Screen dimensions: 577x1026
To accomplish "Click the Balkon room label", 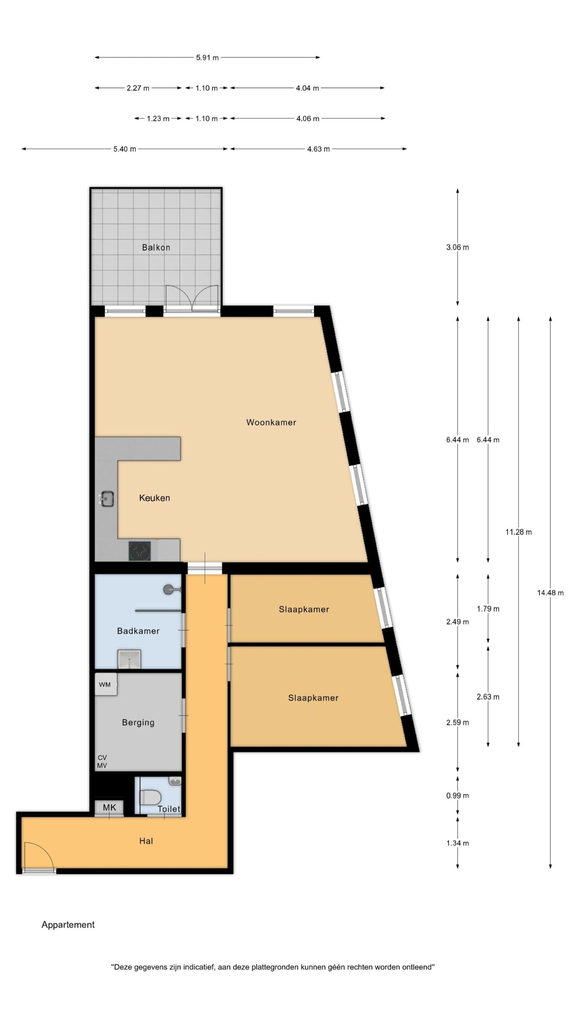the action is click(x=156, y=247).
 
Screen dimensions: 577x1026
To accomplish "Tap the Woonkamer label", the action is click(x=271, y=422).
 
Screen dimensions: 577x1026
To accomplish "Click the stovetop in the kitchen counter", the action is click(x=139, y=551).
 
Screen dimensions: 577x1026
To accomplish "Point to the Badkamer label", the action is click(x=138, y=631).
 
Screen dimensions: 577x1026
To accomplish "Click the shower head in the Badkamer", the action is click(x=169, y=589).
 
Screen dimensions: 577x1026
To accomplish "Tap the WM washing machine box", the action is click(x=106, y=684).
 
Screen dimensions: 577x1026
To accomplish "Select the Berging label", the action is click(x=138, y=722).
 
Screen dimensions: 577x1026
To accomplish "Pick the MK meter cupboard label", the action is click(x=109, y=807).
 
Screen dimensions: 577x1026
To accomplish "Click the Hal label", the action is click(x=146, y=841).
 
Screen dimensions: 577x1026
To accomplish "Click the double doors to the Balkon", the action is click(x=192, y=298).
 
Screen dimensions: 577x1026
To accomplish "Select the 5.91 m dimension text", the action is click(x=207, y=57).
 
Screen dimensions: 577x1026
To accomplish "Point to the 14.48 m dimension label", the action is click(x=550, y=593).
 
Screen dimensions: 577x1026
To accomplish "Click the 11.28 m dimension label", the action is click(x=518, y=532).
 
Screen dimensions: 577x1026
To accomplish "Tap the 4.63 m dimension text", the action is click(x=319, y=149).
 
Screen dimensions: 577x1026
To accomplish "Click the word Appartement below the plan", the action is click(x=68, y=925).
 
